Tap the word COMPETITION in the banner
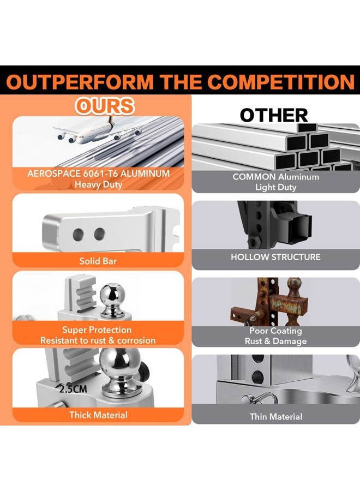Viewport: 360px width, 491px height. (x=281, y=82)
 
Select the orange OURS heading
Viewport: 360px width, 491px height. (x=105, y=106)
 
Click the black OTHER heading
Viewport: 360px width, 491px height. (x=274, y=115)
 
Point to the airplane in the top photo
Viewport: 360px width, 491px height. (x=98, y=132)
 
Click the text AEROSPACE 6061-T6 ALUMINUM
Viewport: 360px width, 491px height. (x=98, y=173)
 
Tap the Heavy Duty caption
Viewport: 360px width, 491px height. (x=98, y=184)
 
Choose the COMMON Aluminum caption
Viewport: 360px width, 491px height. (x=275, y=177)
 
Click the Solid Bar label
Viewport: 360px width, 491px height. (x=98, y=261)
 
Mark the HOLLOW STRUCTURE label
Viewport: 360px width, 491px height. (x=275, y=257)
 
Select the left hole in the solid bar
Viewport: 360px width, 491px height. (x=78, y=234)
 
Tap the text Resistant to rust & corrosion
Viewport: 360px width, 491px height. (x=98, y=340)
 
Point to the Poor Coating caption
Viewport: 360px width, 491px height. (x=275, y=331)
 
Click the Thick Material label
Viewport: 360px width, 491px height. (x=98, y=415)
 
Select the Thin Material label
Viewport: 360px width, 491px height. (x=276, y=416)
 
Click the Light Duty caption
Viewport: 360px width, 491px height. (x=275, y=187)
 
